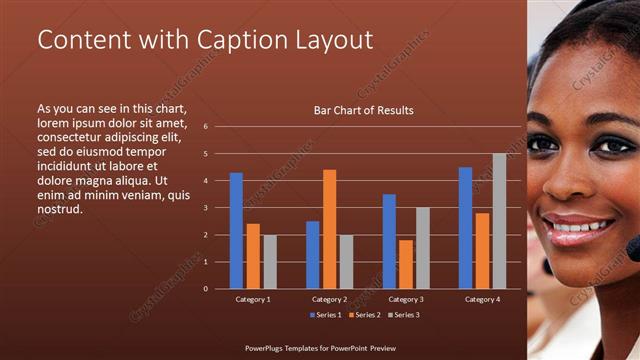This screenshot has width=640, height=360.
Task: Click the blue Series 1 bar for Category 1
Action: coord(236,231)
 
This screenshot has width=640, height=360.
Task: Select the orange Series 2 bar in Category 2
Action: coord(329,229)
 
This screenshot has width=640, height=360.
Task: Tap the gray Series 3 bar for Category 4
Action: coord(499,221)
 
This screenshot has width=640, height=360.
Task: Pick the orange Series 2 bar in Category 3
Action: coord(406,264)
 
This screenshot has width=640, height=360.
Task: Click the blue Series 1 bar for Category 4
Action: coord(465,228)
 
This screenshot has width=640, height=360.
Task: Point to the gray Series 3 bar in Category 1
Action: coord(269,262)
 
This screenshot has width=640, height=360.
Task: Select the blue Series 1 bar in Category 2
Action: coord(313,255)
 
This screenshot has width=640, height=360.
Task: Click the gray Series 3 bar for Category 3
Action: coord(422,248)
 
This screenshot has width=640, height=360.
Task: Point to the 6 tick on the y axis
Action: coord(205,127)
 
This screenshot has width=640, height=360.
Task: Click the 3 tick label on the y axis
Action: coord(205,208)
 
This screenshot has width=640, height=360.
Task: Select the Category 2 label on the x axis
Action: coord(329,299)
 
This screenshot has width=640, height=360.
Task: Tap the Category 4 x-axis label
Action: coord(482,299)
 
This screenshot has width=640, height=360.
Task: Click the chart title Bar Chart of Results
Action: coord(363,110)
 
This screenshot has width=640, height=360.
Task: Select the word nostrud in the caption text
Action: coord(59,210)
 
